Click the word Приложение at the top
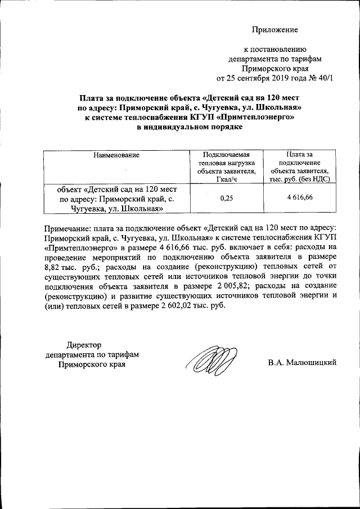tap(274, 30)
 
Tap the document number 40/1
tap(323, 77)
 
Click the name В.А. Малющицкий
tap(302, 363)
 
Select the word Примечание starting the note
tap(66, 227)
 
